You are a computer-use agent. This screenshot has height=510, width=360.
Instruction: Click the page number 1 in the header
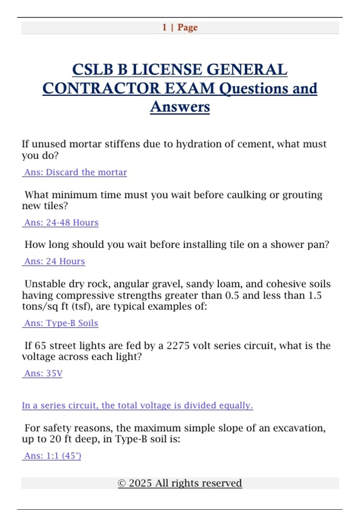coord(164,27)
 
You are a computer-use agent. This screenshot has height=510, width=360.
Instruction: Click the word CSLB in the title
coord(93,70)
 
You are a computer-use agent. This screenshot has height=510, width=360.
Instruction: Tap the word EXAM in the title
coord(190,88)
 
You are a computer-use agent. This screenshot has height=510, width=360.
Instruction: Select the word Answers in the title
coord(180,107)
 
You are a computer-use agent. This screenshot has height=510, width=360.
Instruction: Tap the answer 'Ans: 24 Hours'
coord(55,261)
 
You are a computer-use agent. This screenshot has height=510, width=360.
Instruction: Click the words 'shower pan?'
coord(300,244)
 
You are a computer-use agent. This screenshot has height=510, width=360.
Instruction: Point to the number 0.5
coord(232,295)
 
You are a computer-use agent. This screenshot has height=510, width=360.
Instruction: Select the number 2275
coord(178,346)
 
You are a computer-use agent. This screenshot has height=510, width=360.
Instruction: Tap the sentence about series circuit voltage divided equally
coord(137,406)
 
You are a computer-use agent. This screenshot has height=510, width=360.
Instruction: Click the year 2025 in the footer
coord(140,483)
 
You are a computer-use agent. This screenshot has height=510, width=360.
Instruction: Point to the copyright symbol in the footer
coord(121,483)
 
